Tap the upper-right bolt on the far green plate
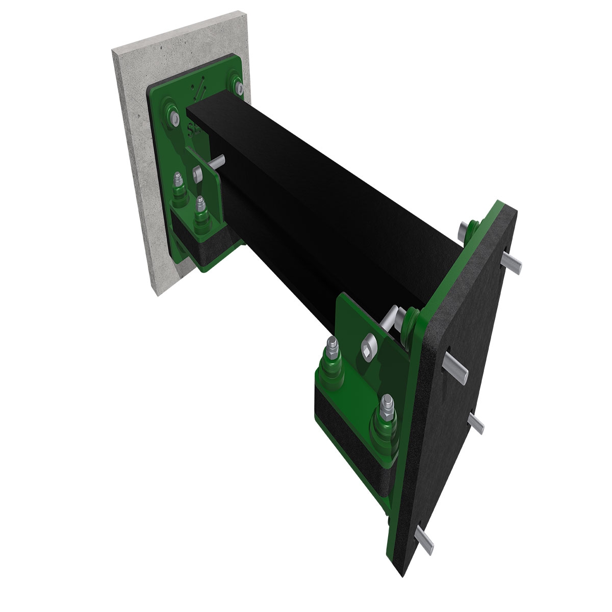click(x=236, y=84)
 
